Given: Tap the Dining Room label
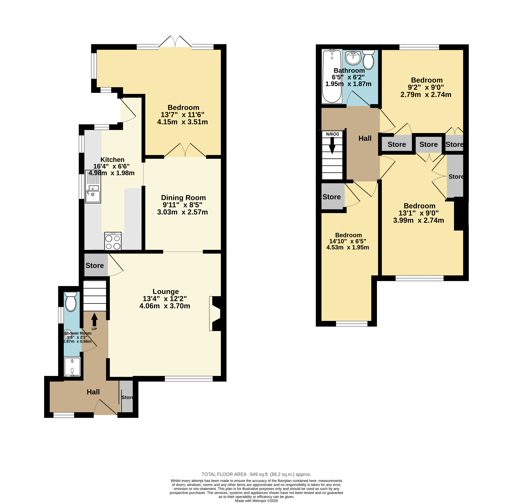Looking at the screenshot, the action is pyautogui.click(x=183, y=198).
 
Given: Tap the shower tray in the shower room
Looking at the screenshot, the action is pyautogui.click(x=72, y=367).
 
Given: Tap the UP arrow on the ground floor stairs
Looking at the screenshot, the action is pyautogui.click(x=94, y=320).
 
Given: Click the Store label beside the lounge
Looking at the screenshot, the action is pyautogui.click(x=94, y=266).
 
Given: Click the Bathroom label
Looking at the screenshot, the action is pyautogui.click(x=349, y=71).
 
